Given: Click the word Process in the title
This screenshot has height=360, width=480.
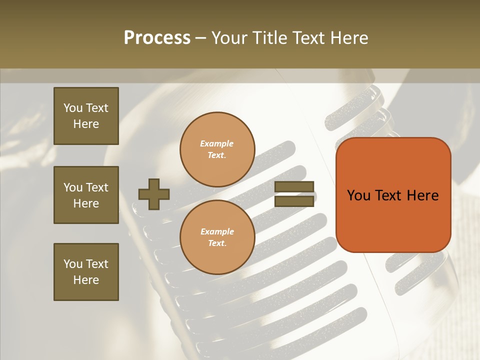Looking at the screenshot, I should (x=157, y=38).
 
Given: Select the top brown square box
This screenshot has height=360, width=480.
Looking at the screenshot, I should (x=86, y=116).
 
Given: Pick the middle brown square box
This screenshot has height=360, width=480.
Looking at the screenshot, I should (x=86, y=195).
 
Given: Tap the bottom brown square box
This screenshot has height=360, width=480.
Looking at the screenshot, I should (x=86, y=272).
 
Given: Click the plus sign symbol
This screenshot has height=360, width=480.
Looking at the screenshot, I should (x=154, y=194).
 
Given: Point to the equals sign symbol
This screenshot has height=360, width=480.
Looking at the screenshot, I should (x=294, y=194).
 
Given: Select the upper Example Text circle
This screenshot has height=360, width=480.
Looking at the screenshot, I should (x=217, y=149).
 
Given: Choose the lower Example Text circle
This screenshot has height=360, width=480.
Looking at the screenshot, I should (x=217, y=237).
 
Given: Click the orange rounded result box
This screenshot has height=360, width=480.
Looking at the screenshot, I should (x=393, y=195).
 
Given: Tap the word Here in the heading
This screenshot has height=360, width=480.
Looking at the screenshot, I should (x=347, y=38).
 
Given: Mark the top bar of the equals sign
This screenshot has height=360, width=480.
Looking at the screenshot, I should (x=294, y=187).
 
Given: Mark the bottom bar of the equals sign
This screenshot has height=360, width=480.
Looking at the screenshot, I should (x=294, y=201).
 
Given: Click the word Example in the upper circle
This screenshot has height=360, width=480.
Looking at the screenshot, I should (x=217, y=143).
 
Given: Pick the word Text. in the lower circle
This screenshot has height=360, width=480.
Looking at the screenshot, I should (x=217, y=243).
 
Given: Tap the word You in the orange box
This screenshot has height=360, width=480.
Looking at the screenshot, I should (x=359, y=195).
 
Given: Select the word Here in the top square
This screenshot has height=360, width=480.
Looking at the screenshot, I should (x=86, y=124).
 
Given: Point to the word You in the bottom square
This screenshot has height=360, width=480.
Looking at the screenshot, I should (x=73, y=264).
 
